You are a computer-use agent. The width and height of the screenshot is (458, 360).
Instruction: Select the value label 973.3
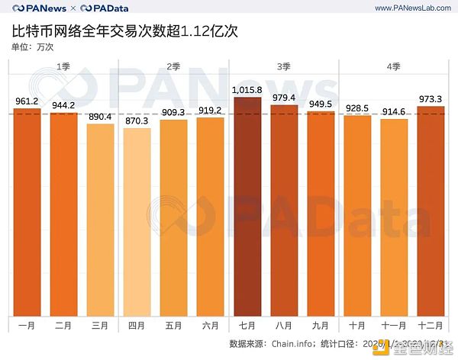pyautogui.click(x=431, y=99)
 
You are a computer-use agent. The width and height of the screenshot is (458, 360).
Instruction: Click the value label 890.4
pyautogui.click(x=100, y=117)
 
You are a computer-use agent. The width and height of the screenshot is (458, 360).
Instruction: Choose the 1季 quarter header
pyautogui.click(x=64, y=68)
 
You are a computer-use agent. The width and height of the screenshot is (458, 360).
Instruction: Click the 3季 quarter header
pyautogui.click(x=284, y=68)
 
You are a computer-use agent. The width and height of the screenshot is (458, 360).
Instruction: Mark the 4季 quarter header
pyautogui.click(x=394, y=68)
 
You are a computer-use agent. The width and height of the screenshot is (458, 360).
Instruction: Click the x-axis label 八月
pyautogui.click(x=284, y=326)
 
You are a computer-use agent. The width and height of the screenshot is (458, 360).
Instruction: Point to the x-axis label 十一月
pyautogui.click(x=394, y=326)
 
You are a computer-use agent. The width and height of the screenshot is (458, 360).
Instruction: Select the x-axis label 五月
pyautogui.click(x=174, y=326)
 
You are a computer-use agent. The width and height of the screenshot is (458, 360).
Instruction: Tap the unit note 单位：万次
pyautogui.click(x=33, y=47)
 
